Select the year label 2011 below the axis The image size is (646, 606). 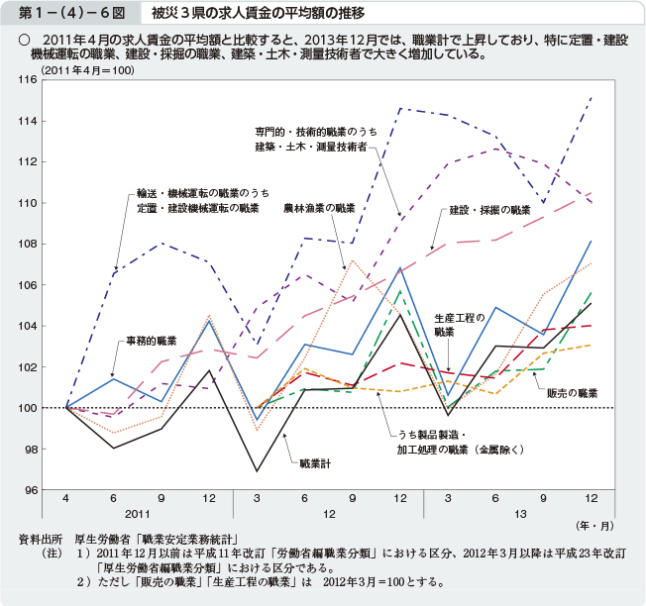[x=137, y=515]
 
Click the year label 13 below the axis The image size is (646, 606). [x=519, y=515]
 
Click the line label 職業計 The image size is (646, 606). [x=315, y=462]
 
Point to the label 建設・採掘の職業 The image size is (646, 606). [x=489, y=211]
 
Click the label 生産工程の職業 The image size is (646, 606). [x=459, y=325]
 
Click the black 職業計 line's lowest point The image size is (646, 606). [x=258, y=471]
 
